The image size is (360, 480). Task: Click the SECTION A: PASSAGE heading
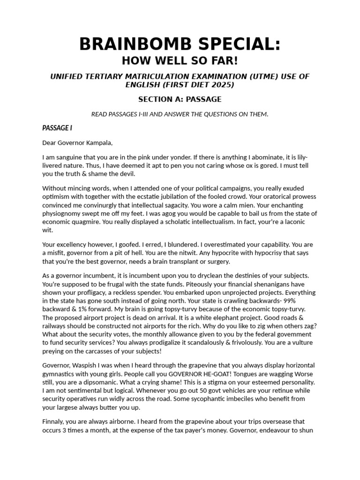180,99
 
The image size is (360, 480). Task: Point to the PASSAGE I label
57,128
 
